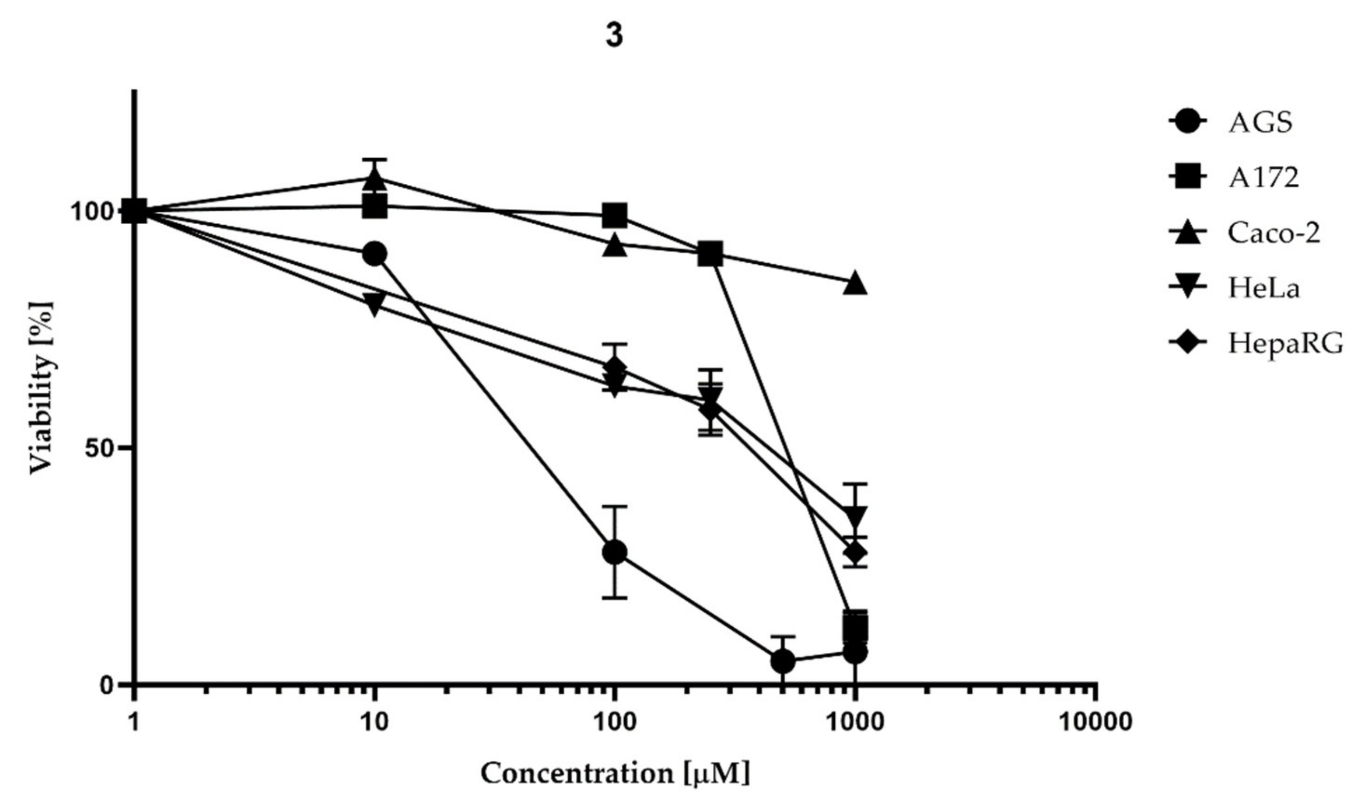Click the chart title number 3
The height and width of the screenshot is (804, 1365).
point(614,36)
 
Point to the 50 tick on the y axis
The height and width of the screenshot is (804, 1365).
point(101,448)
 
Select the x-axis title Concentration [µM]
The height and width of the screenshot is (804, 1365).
point(615,773)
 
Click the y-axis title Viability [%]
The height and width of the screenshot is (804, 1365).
point(42,388)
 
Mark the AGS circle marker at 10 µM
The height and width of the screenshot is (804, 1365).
point(374,254)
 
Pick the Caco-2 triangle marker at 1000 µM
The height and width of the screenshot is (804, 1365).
point(855,283)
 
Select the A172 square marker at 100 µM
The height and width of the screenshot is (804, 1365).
point(615,215)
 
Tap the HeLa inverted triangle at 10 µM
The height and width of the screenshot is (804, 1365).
point(374,303)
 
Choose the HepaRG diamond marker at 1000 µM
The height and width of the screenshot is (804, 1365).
point(855,553)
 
